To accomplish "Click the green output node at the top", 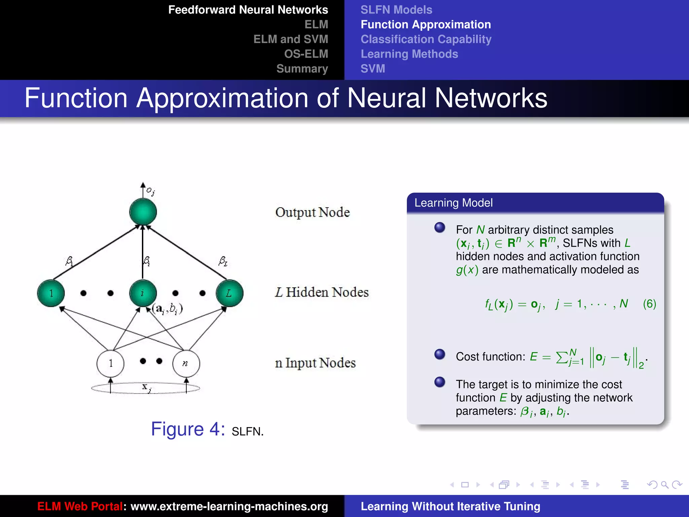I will [143, 212].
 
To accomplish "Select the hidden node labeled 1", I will [51, 293].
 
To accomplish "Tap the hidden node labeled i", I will [143, 293].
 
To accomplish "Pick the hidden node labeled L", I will [229, 293].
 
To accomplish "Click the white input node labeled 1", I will [110, 364].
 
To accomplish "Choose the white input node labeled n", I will [186, 364].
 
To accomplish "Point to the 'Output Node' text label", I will [313, 212].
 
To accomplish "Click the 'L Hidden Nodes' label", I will [322, 292].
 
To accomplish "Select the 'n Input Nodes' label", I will [315, 363].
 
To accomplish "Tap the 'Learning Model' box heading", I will [454, 203].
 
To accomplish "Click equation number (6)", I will [649, 304].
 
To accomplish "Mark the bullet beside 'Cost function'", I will [440, 354].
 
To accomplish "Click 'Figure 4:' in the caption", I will [188, 429].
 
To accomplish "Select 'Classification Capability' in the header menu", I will [426, 39].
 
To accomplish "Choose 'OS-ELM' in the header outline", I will [306, 54].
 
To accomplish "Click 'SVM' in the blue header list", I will [373, 69].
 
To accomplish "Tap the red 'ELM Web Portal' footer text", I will [80, 506].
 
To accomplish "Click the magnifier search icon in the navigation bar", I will [664, 485].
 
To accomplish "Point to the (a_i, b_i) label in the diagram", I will [167, 308].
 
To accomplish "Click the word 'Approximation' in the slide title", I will [222, 98].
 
